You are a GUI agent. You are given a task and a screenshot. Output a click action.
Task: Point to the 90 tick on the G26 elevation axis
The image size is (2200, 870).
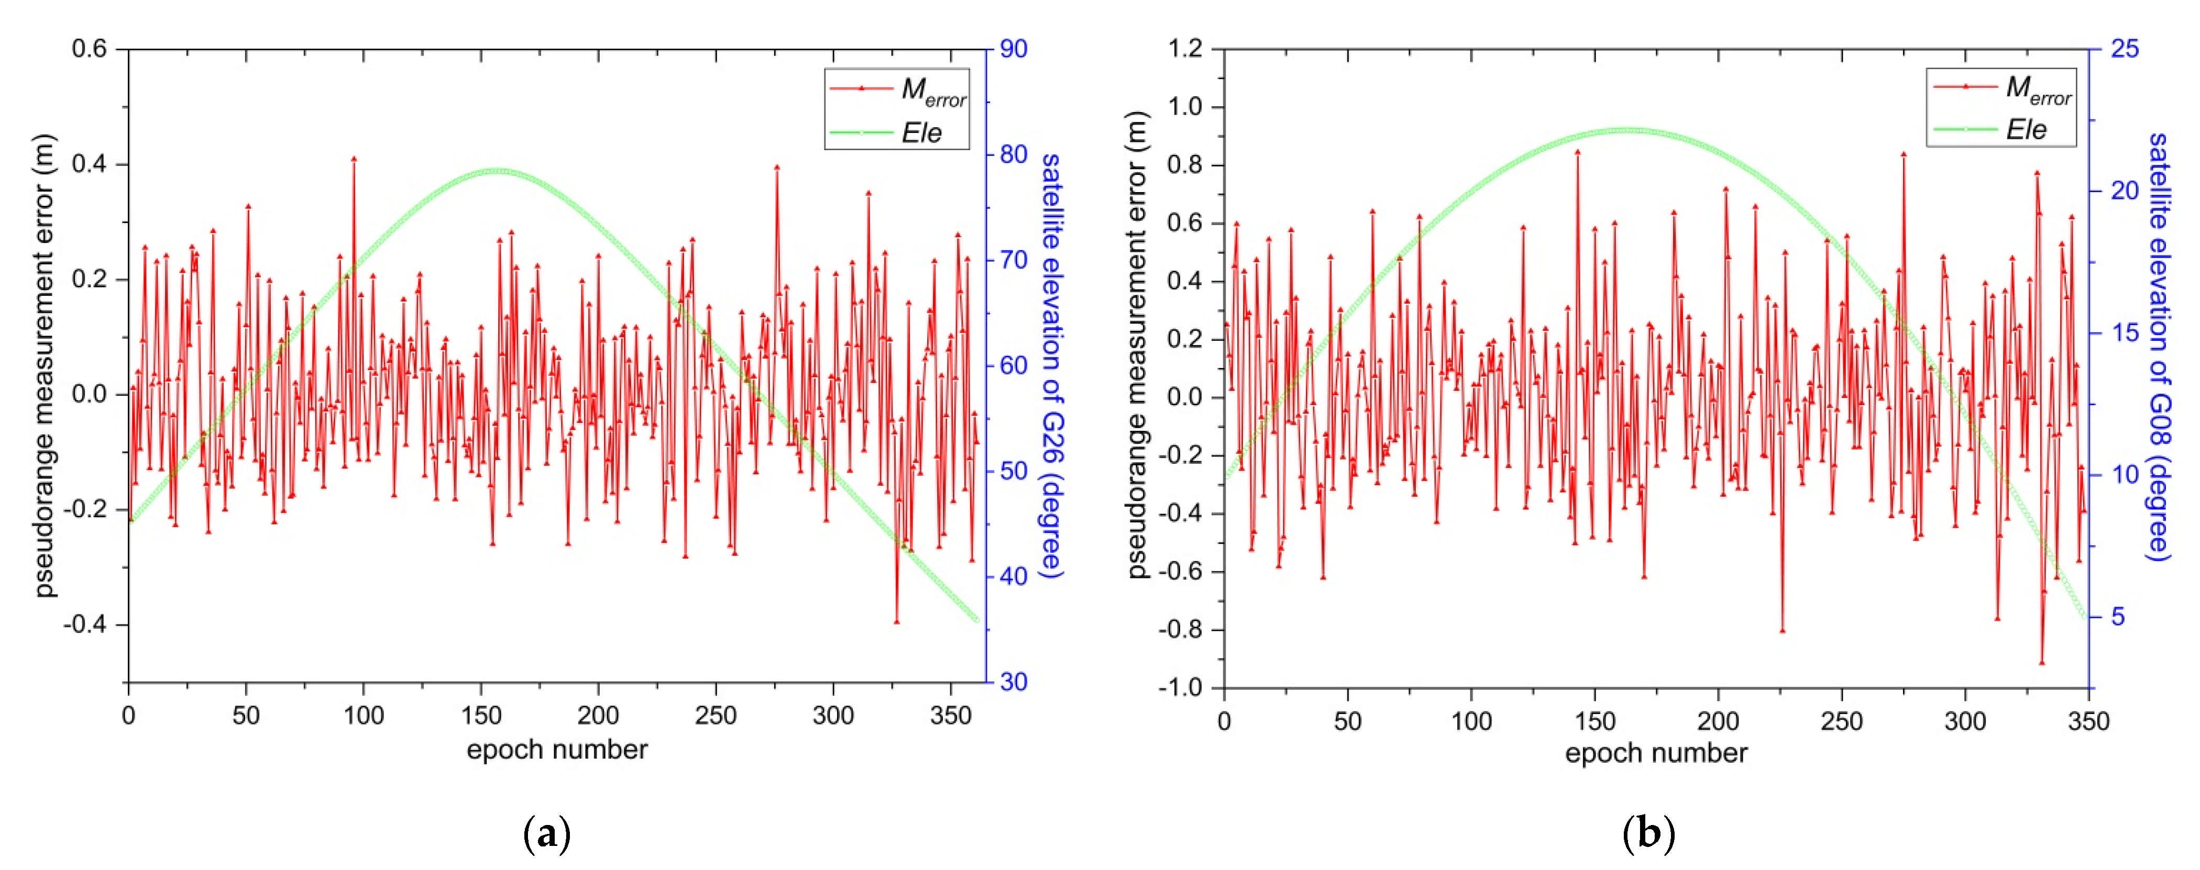click(1014, 49)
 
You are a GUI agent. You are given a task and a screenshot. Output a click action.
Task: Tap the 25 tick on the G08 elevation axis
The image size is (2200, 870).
click(2125, 49)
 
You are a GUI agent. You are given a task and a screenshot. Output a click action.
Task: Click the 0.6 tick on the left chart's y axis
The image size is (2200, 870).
click(90, 49)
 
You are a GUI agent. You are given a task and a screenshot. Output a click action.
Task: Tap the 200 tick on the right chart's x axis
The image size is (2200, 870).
click(1718, 721)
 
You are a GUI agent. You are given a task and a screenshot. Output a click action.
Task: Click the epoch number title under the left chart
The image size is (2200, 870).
click(557, 750)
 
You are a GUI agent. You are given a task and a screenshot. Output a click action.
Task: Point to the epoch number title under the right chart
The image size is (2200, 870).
click(1656, 753)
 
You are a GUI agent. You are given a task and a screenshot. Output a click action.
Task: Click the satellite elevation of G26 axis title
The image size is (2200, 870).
click(1051, 365)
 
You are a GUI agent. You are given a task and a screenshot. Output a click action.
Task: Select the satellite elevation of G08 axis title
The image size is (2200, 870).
click(2158, 346)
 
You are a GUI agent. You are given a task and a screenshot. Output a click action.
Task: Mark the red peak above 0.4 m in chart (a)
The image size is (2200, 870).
click(354, 159)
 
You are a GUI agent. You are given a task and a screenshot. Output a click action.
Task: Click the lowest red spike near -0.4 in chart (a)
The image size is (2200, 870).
click(897, 621)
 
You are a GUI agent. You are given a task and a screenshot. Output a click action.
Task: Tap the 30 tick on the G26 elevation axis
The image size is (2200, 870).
click(1014, 682)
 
